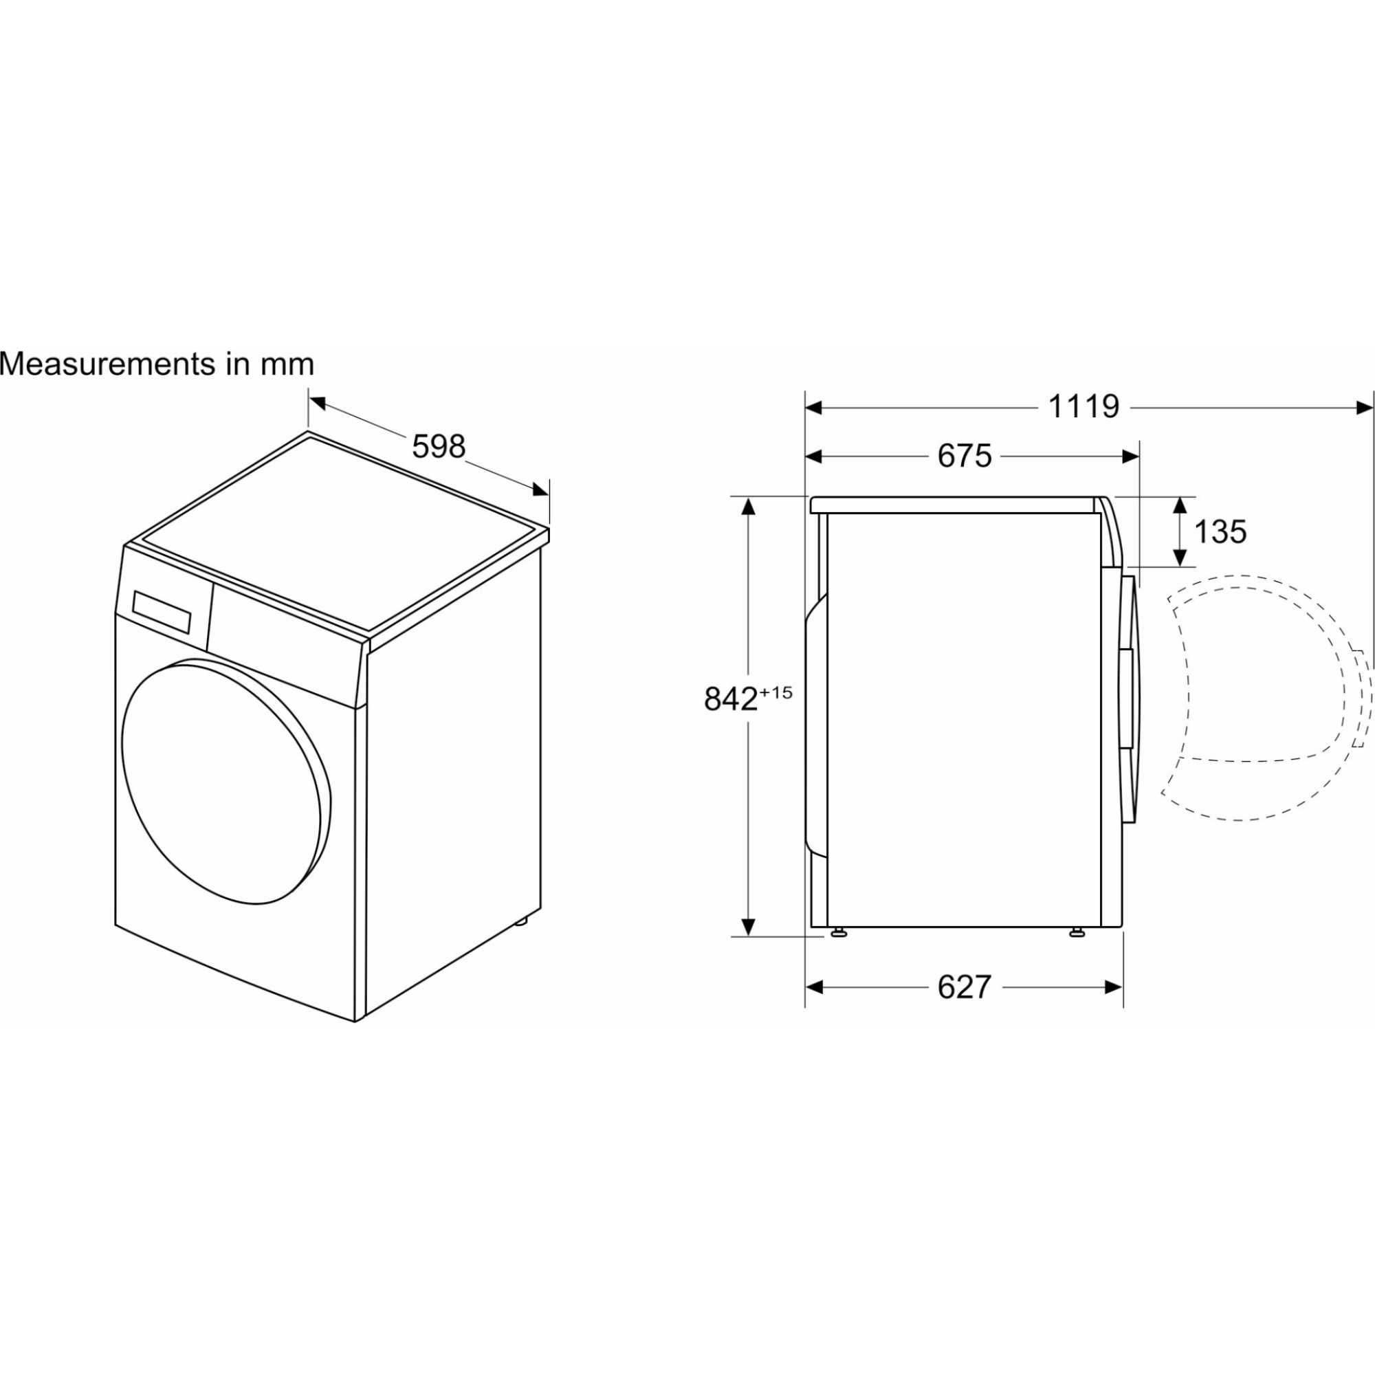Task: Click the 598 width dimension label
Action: [439, 446]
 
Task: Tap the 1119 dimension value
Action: [1084, 407]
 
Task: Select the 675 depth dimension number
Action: [965, 456]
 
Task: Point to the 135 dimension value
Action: [1220, 531]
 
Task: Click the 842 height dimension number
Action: [730, 699]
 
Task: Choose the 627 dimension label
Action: [965, 987]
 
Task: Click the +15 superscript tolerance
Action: [775, 692]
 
